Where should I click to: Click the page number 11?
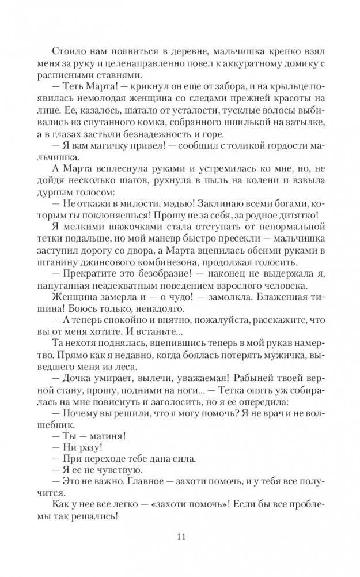[x=180, y=537]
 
